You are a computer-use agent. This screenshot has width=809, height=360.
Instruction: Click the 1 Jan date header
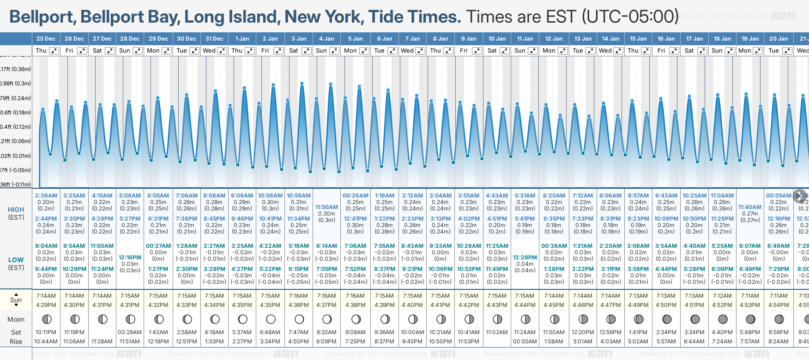(242, 39)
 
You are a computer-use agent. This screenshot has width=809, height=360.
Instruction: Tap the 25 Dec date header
(46, 39)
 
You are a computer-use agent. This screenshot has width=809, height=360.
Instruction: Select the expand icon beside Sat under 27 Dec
(110, 51)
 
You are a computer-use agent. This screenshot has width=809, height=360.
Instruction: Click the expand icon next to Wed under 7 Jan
(420, 51)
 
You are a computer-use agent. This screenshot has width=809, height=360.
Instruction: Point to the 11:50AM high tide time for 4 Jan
(326, 207)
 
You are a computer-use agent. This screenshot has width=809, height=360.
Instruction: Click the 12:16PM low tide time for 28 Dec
(130, 258)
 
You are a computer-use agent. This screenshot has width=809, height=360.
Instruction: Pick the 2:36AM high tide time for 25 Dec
(46, 196)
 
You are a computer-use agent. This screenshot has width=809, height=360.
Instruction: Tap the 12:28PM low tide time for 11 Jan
(525, 258)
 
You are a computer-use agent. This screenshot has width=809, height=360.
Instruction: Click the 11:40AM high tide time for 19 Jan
(750, 207)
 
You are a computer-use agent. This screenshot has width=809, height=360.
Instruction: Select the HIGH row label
(16, 210)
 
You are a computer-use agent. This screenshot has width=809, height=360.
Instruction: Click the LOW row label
(16, 260)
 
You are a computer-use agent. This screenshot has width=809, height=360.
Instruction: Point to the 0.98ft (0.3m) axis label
(16, 84)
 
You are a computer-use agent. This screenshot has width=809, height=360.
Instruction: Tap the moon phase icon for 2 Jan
(271, 319)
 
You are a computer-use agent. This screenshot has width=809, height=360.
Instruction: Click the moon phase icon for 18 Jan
(723, 319)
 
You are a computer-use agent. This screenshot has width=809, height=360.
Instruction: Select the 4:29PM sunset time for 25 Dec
(46, 305)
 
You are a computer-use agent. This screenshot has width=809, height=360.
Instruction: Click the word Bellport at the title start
(42, 17)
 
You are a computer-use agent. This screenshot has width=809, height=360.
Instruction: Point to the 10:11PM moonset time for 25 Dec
(46, 332)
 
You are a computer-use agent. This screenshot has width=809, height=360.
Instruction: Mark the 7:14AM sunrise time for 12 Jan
(554, 296)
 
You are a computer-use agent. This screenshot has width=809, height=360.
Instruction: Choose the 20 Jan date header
(779, 39)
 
